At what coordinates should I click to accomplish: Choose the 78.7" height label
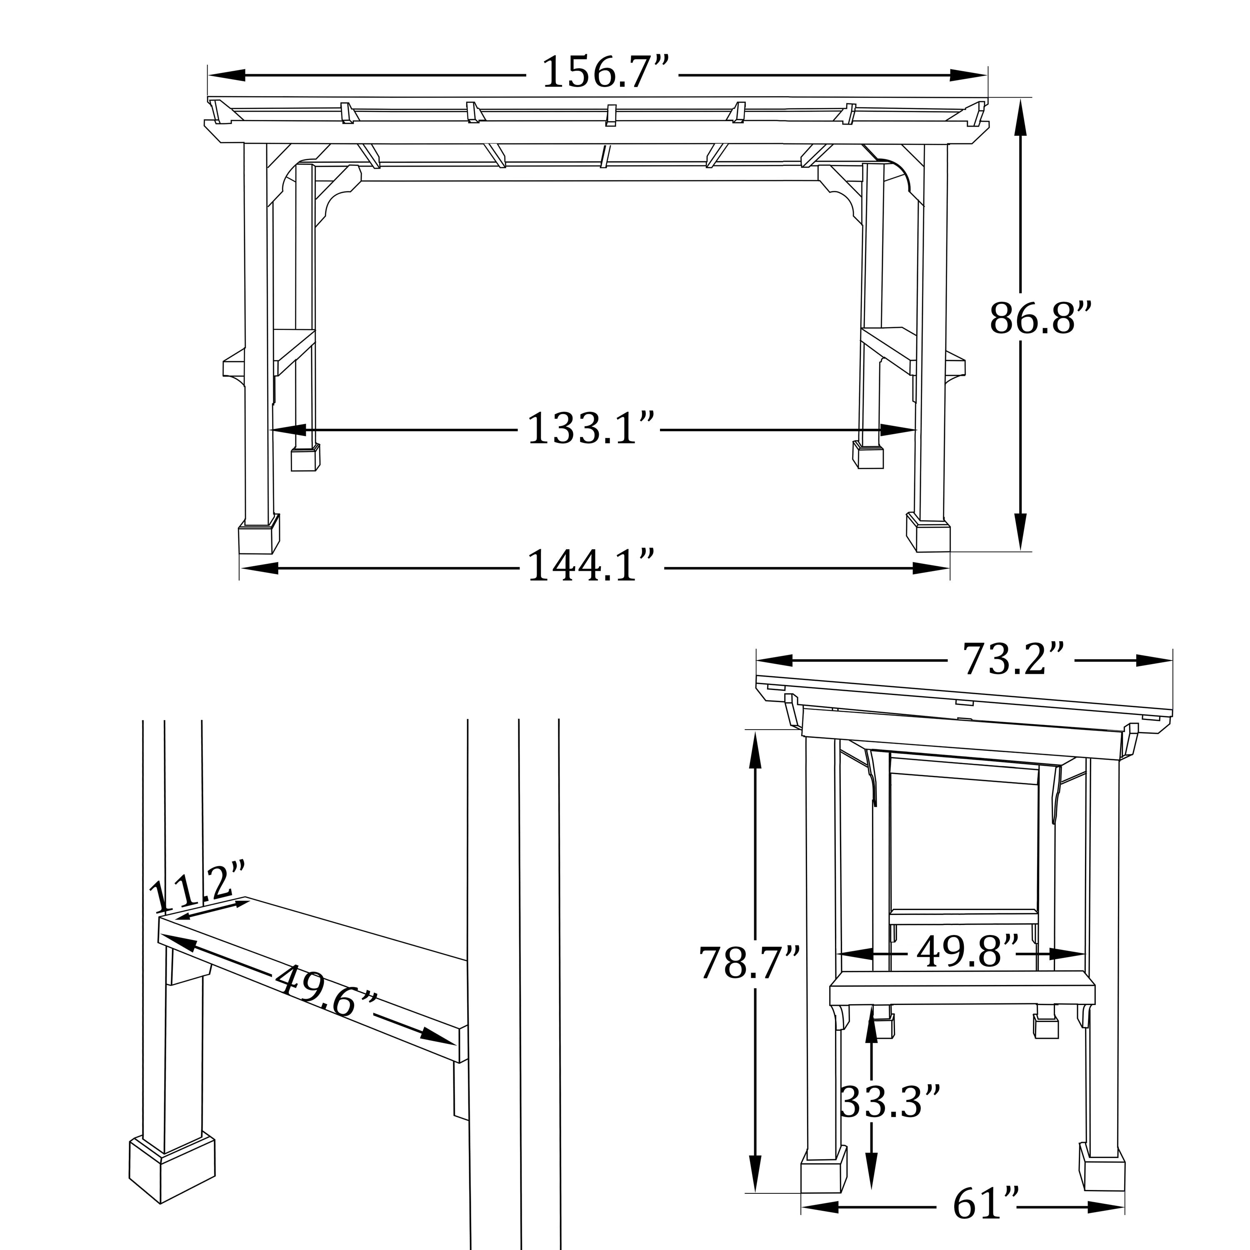coord(749,962)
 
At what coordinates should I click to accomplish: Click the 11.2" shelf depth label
coord(197,886)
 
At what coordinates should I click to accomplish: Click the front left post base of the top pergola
coord(259,536)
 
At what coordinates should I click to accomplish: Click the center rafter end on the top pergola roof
coord(610,115)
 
